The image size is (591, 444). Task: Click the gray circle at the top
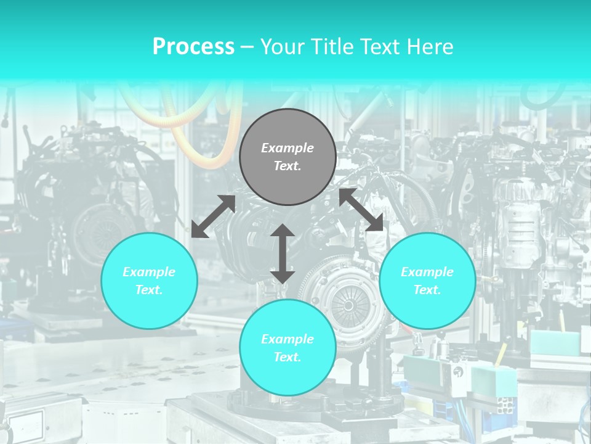tap(287, 157)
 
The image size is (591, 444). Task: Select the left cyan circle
tap(149, 281)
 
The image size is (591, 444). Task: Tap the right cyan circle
tap(427, 281)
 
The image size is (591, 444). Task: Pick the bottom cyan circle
tap(287, 348)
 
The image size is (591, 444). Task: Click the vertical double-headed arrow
tap(283, 254)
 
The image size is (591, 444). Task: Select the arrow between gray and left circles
tap(213, 216)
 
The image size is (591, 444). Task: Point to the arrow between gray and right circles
tap(361, 210)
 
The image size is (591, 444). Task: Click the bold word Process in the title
tap(193, 47)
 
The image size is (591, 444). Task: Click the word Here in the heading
tap(430, 47)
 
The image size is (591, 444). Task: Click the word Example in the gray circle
tap(287, 148)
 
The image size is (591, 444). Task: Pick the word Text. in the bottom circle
tap(287, 357)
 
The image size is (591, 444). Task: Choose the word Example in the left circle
tap(149, 272)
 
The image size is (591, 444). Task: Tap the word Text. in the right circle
tap(427, 290)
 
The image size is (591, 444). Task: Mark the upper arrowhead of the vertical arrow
tap(283, 231)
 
